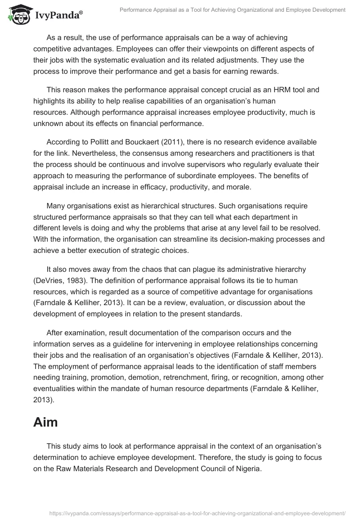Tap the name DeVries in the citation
(x=49, y=280)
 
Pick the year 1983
(x=74, y=280)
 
